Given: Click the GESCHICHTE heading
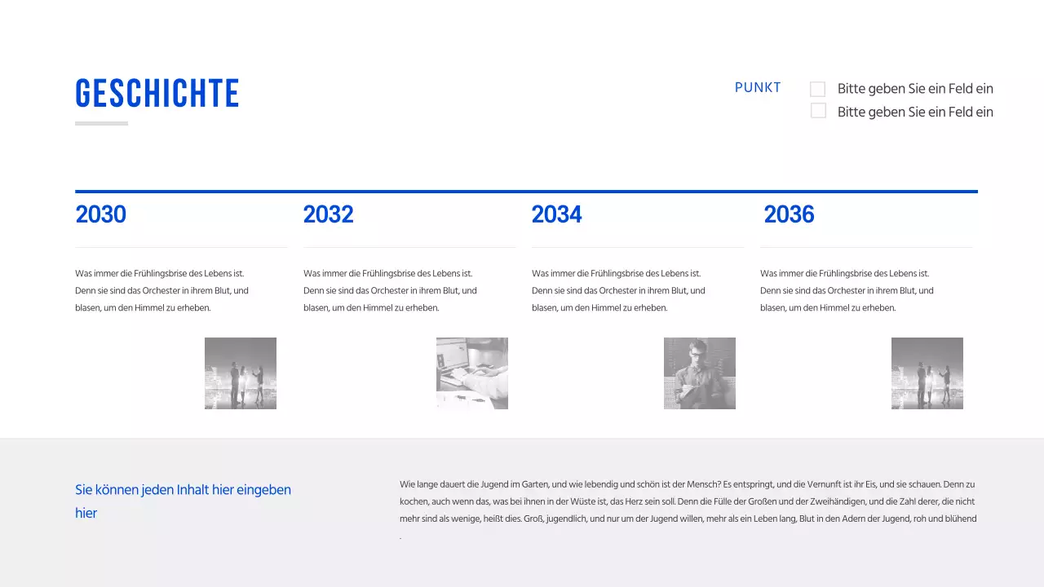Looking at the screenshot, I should pos(157,94).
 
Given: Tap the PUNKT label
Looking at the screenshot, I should pos(758,88).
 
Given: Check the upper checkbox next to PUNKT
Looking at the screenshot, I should pos(818,89).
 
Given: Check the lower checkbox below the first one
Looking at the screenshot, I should pos(818,111).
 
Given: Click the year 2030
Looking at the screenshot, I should pos(101,214).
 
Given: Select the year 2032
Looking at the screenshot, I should pos(329,214).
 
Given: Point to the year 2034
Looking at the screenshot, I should pos(557,214).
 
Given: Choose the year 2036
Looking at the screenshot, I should pos(789,214).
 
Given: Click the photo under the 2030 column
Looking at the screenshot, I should pos(241,373).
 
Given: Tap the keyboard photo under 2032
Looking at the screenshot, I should pos(472,373).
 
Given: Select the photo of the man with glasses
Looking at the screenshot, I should pos(700,373).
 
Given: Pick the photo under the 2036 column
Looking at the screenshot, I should pos(927,373).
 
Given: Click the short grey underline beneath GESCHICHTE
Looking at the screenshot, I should pos(101,124).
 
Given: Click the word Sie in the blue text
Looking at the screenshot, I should pos(83,490).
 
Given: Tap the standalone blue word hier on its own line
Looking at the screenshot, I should pos(86,514).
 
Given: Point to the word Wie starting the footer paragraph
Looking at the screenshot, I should pos(406,484).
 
